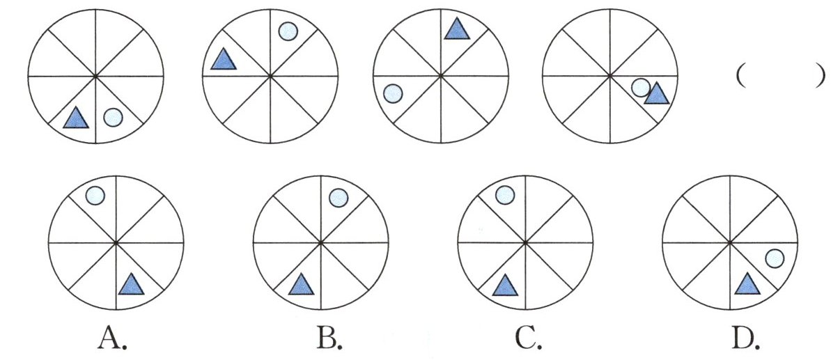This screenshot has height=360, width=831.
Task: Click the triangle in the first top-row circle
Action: (76, 118)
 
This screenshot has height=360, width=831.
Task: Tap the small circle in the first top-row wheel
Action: (113, 118)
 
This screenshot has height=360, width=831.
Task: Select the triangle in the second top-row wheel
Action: (223, 60)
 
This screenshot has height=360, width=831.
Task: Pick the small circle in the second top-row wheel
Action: (288, 31)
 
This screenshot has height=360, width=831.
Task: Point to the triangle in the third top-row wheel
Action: (456, 29)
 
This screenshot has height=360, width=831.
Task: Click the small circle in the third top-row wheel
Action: (393, 93)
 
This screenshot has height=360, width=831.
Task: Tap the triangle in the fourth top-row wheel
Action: (655, 94)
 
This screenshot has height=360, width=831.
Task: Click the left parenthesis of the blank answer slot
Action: (740, 75)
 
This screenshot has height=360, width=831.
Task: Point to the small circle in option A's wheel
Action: (95, 196)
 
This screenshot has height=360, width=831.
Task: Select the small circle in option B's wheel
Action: (337, 198)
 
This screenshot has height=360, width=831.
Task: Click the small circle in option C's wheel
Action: (504, 196)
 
